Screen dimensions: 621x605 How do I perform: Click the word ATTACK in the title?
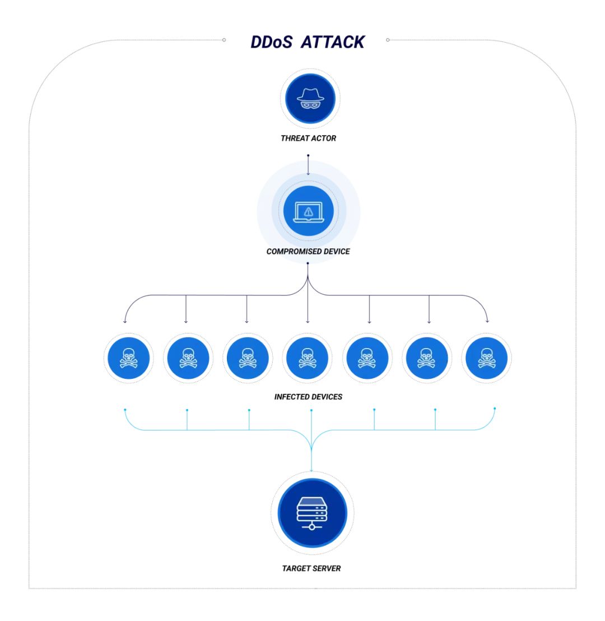(333, 42)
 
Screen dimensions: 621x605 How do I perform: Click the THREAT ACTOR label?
(308, 138)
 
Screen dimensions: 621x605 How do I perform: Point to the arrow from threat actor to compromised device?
(308, 165)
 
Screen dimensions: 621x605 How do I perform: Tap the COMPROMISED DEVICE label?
(308, 251)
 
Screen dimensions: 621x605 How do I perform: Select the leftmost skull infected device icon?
(128, 358)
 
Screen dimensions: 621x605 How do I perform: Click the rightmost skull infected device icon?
(486, 358)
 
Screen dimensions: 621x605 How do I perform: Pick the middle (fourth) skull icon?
(307, 358)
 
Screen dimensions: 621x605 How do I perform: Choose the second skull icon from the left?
(188, 358)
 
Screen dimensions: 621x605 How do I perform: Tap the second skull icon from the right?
(426, 358)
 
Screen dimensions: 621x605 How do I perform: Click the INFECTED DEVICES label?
(308, 397)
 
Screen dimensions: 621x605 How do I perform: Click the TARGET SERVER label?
(311, 568)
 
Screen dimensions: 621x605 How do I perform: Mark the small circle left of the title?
(224, 40)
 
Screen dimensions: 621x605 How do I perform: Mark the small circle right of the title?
(388, 40)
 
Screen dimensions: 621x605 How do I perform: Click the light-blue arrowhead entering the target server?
(311, 470)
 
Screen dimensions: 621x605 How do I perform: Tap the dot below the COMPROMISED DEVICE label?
(308, 263)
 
